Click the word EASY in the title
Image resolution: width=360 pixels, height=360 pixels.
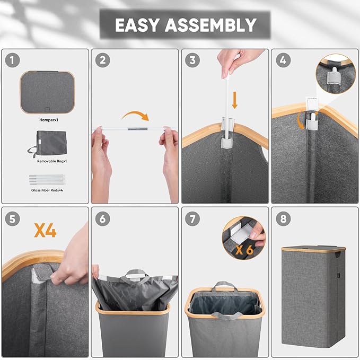pyautogui.click(x=137, y=25)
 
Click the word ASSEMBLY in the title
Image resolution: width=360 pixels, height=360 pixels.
pyautogui.click(x=210, y=25)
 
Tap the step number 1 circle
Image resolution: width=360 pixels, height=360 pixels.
pyautogui.click(x=12, y=60)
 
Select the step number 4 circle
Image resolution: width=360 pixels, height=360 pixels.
pyautogui.click(x=283, y=60)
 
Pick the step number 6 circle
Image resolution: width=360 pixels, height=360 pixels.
pyautogui.click(x=103, y=218)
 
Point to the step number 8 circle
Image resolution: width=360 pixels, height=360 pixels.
pyautogui.click(x=283, y=218)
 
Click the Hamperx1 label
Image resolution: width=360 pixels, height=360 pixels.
pyautogui.click(x=49, y=120)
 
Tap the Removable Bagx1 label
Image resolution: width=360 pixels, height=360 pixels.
pyautogui.click(x=52, y=161)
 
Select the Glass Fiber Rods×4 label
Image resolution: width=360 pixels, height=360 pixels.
pyautogui.click(x=47, y=190)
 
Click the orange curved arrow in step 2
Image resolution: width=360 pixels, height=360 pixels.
pyautogui.click(x=135, y=113)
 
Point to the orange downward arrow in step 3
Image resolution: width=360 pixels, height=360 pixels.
pyautogui.click(x=234, y=100)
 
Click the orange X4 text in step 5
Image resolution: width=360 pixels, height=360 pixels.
pyautogui.click(x=45, y=231)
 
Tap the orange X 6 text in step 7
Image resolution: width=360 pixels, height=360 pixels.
pyautogui.click(x=244, y=250)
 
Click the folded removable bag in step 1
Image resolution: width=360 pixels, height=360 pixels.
pyautogui.click(x=48, y=144)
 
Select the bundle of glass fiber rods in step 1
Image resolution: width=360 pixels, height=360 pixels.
pyautogui.click(x=47, y=180)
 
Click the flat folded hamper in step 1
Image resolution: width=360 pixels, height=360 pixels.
pyautogui.click(x=47, y=92)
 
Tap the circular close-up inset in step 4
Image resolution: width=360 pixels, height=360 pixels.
pyautogui.click(x=336, y=74)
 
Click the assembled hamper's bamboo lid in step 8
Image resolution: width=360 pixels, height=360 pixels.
pyautogui.click(x=313, y=249)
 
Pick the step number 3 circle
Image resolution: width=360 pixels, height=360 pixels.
pyautogui.click(x=192, y=60)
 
